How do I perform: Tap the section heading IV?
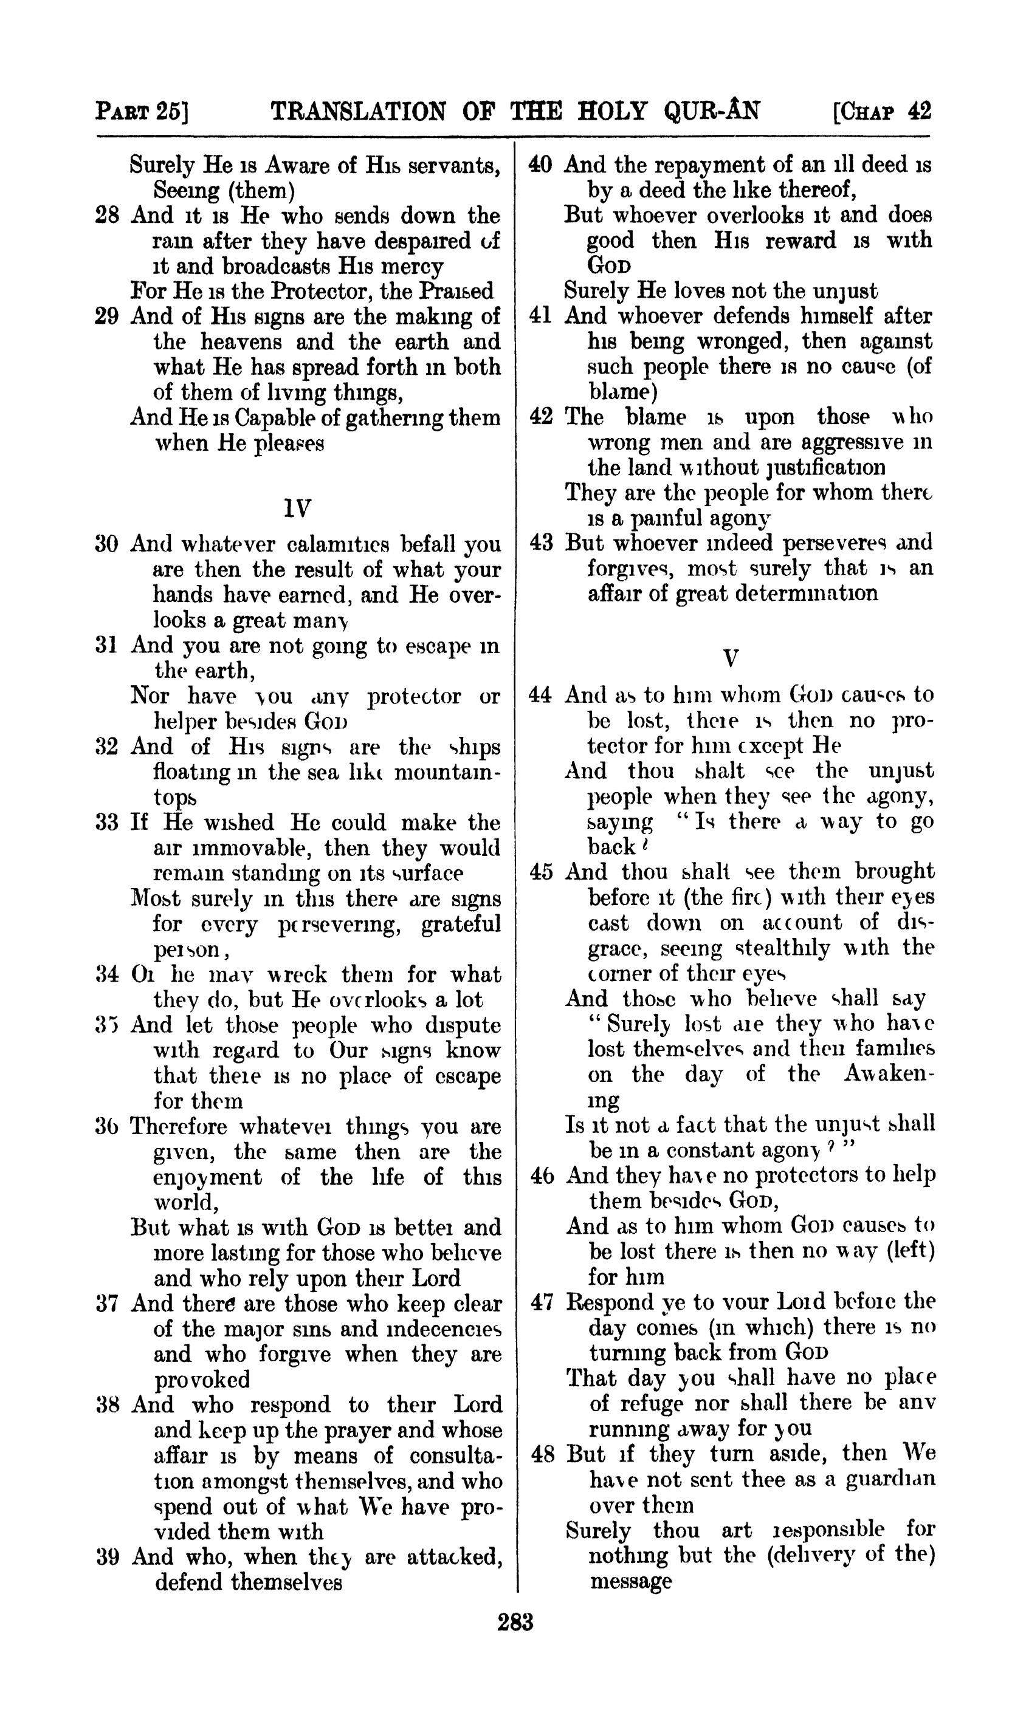coord(297,509)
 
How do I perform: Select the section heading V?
coord(730,657)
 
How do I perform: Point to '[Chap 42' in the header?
coord(883,111)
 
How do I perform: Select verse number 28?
coord(107,216)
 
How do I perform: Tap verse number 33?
coord(107,823)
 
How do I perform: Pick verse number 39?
coord(107,1557)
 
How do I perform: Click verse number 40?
coord(540,165)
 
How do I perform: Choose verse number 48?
coord(543,1454)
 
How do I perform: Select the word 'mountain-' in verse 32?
coord(447,772)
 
